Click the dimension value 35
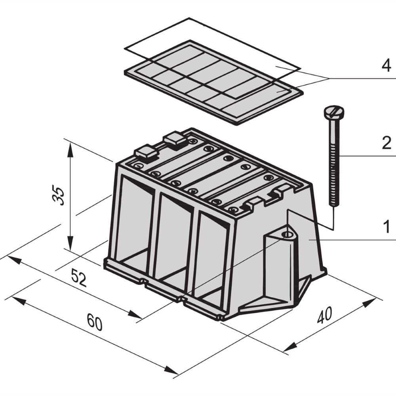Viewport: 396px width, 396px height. (x=59, y=196)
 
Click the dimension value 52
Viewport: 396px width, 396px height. (x=79, y=278)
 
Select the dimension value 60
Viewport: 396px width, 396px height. (x=95, y=322)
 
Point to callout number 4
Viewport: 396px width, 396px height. (x=386, y=66)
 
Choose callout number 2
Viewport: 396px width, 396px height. (x=386, y=143)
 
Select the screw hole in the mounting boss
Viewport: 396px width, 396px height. (x=287, y=234)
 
